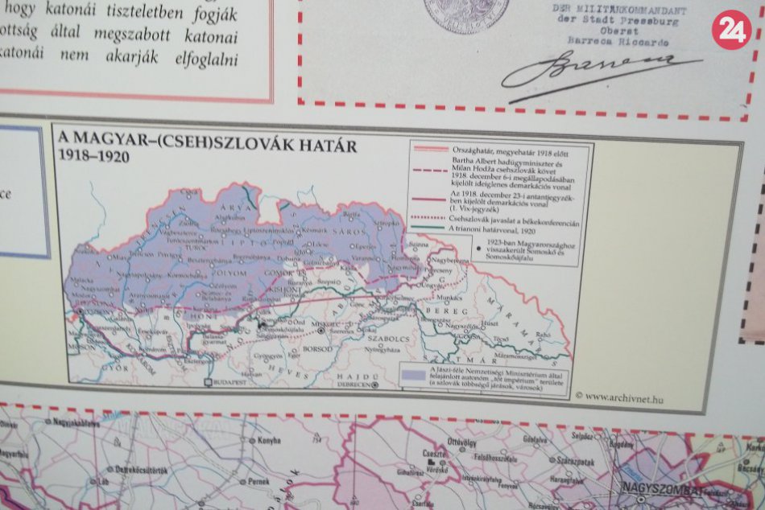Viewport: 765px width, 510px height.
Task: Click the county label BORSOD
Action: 318,349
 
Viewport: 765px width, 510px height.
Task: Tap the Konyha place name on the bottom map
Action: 267,441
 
